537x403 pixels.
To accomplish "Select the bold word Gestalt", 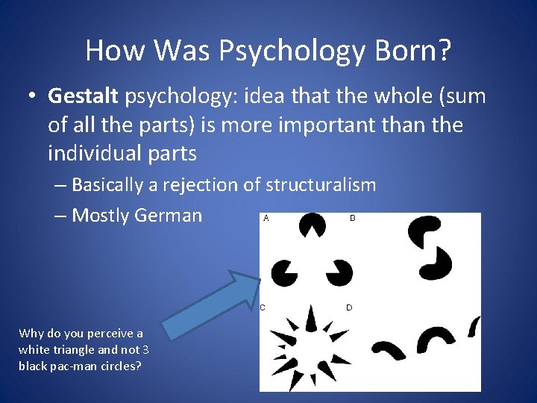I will coord(83,96).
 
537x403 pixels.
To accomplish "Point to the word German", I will coord(168,216).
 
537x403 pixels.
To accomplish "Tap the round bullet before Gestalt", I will coord(34,97).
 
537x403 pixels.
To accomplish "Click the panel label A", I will coord(266,219).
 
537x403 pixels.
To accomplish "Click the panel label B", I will coord(353,219).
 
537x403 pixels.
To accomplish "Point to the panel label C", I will coord(263,307).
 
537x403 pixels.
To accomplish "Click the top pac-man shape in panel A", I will coord(311,223).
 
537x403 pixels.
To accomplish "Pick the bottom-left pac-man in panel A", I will coord(283,272).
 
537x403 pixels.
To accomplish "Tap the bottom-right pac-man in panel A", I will coord(339,272).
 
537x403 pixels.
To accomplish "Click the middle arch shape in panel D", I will coord(435,339).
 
